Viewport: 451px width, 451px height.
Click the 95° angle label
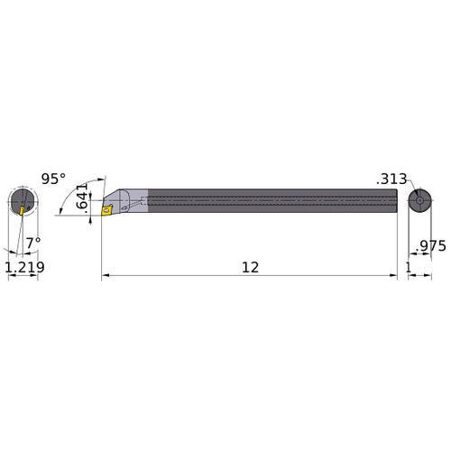tap(53, 179)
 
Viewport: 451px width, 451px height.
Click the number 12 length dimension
tap(250, 267)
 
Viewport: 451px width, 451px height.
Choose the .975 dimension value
tap(428, 244)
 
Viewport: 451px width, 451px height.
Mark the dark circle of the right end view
tap(419, 200)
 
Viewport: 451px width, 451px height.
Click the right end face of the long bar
tap(395, 200)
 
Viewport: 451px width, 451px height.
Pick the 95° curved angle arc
tap(86, 180)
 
